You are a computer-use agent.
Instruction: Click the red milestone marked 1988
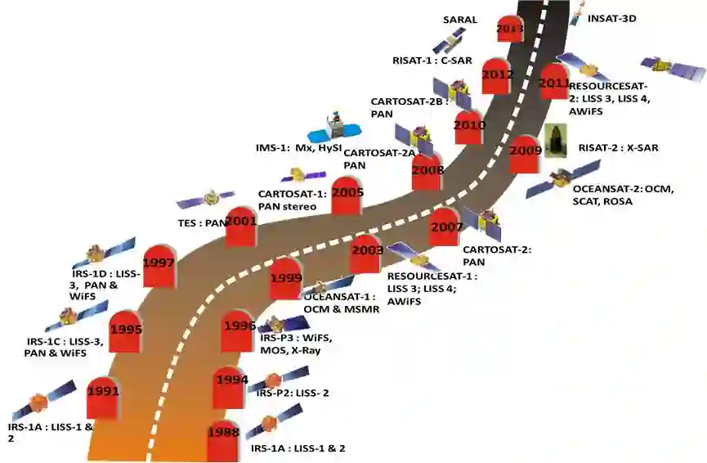tap(223, 433)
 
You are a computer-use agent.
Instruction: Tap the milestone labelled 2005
tap(347, 194)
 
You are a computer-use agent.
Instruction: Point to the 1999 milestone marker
tap(285, 278)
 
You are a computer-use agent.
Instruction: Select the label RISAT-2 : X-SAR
tap(618, 148)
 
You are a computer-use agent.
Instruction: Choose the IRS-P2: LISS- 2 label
tap(293, 393)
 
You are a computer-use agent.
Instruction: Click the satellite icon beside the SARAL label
tap(449, 40)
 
